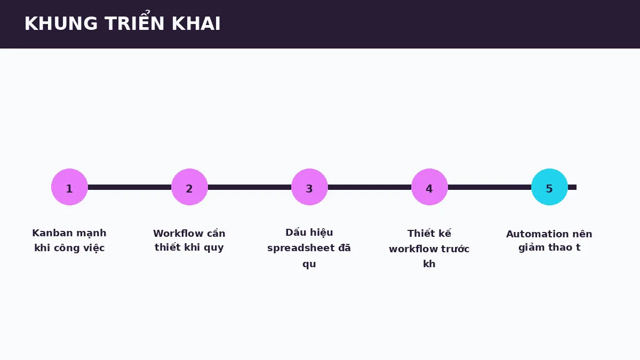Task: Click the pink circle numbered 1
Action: tap(69, 187)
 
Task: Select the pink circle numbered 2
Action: tap(189, 187)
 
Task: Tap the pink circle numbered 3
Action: tap(309, 187)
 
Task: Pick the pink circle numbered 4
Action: tap(429, 187)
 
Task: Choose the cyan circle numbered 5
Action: tap(549, 187)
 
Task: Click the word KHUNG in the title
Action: tap(61, 23)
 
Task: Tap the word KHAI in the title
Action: tap(196, 23)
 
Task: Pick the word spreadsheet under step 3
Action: tap(301, 249)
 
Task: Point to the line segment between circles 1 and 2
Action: tap(130, 187)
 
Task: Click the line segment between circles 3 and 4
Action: tap(370, 187)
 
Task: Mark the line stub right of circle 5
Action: tap(572, 187)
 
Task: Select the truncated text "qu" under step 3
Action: tap(309, 265)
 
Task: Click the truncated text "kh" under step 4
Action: tap(429, 263)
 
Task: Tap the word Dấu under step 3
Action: tap(295, 233)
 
